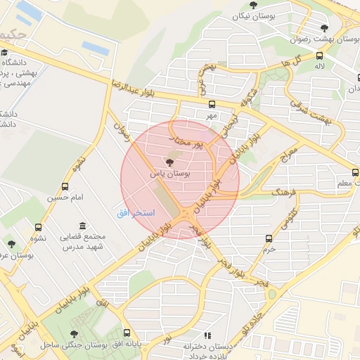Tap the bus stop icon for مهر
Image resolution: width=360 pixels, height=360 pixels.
coord(212,103)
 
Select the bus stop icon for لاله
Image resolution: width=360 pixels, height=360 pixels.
coord(320,56)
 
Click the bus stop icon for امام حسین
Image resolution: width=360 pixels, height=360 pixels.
coord(65,187)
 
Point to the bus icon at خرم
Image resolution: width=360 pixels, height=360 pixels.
coord(268,238)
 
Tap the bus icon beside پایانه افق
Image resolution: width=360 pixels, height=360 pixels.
coord(127,333)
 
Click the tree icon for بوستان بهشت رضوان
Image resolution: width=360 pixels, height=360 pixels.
coord(323,28)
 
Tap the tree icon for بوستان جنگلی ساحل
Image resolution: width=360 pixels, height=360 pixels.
coord(75,334)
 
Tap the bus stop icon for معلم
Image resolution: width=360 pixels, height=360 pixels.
coord(356,173)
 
